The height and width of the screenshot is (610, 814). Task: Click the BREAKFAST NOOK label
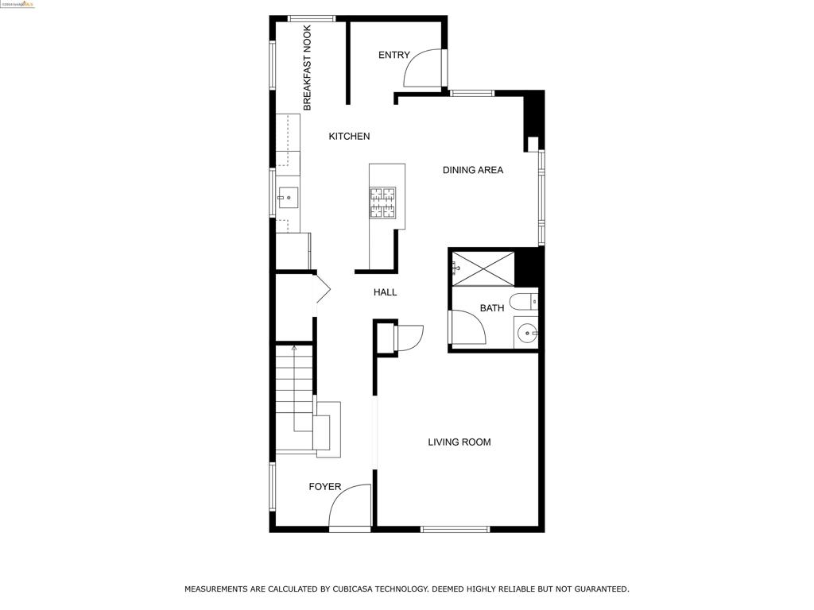click(307, 68)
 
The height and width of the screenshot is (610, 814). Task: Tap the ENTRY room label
click(393, 55)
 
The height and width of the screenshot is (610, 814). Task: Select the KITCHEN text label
click(349, 137)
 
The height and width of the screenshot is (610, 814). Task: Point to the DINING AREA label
click(472, 170)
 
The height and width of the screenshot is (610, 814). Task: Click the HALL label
click(385, 292)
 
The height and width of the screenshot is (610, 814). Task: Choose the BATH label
click(491, 308)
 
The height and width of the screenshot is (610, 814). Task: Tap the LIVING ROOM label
click(459, 442)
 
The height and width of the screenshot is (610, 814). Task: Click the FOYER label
click(324, 487)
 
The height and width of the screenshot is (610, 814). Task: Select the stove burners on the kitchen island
click(382, 203)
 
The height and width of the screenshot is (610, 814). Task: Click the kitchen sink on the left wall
click(287, 196)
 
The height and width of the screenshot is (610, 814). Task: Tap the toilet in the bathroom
click(524, 302)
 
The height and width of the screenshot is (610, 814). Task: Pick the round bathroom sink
click(526, 333)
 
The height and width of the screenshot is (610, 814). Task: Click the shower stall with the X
click(483, 268)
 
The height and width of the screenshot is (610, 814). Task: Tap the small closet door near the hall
click(410, 338)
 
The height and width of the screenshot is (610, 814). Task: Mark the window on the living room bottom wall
click(455, 529)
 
